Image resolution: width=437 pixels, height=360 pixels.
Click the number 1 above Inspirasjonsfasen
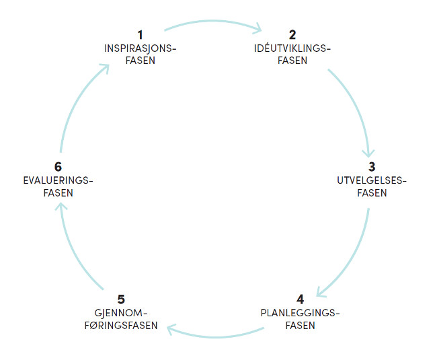point(141,35)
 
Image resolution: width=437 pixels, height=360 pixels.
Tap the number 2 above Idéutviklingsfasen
point(292,35)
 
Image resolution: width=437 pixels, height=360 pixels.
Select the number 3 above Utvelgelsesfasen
point(372,167)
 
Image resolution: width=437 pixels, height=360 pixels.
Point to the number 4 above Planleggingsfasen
point(300,299)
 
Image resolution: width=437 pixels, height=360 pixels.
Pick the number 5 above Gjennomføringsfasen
point(121,299)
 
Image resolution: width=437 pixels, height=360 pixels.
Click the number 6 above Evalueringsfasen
point(58,167)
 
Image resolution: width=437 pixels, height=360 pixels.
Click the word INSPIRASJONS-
point(141,48)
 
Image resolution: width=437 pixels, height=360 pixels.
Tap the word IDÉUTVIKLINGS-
point(292,48)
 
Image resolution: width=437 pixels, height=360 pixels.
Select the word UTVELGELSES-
point(372,180)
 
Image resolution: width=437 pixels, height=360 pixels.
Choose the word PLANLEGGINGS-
point(300,313)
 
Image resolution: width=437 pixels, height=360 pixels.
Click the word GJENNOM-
point(120,313)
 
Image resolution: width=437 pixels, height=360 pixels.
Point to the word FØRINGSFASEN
point(121,326)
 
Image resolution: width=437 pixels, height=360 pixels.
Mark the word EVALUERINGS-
point(58,180)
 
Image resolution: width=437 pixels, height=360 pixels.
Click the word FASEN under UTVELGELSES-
point(372,193)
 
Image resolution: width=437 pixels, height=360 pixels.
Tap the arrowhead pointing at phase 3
point(368,154)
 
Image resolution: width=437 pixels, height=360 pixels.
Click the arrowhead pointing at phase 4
point(319,293)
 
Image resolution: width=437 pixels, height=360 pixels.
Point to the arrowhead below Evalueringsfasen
point(61,206)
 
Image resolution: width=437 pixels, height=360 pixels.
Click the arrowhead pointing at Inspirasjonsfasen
point(106,67)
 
